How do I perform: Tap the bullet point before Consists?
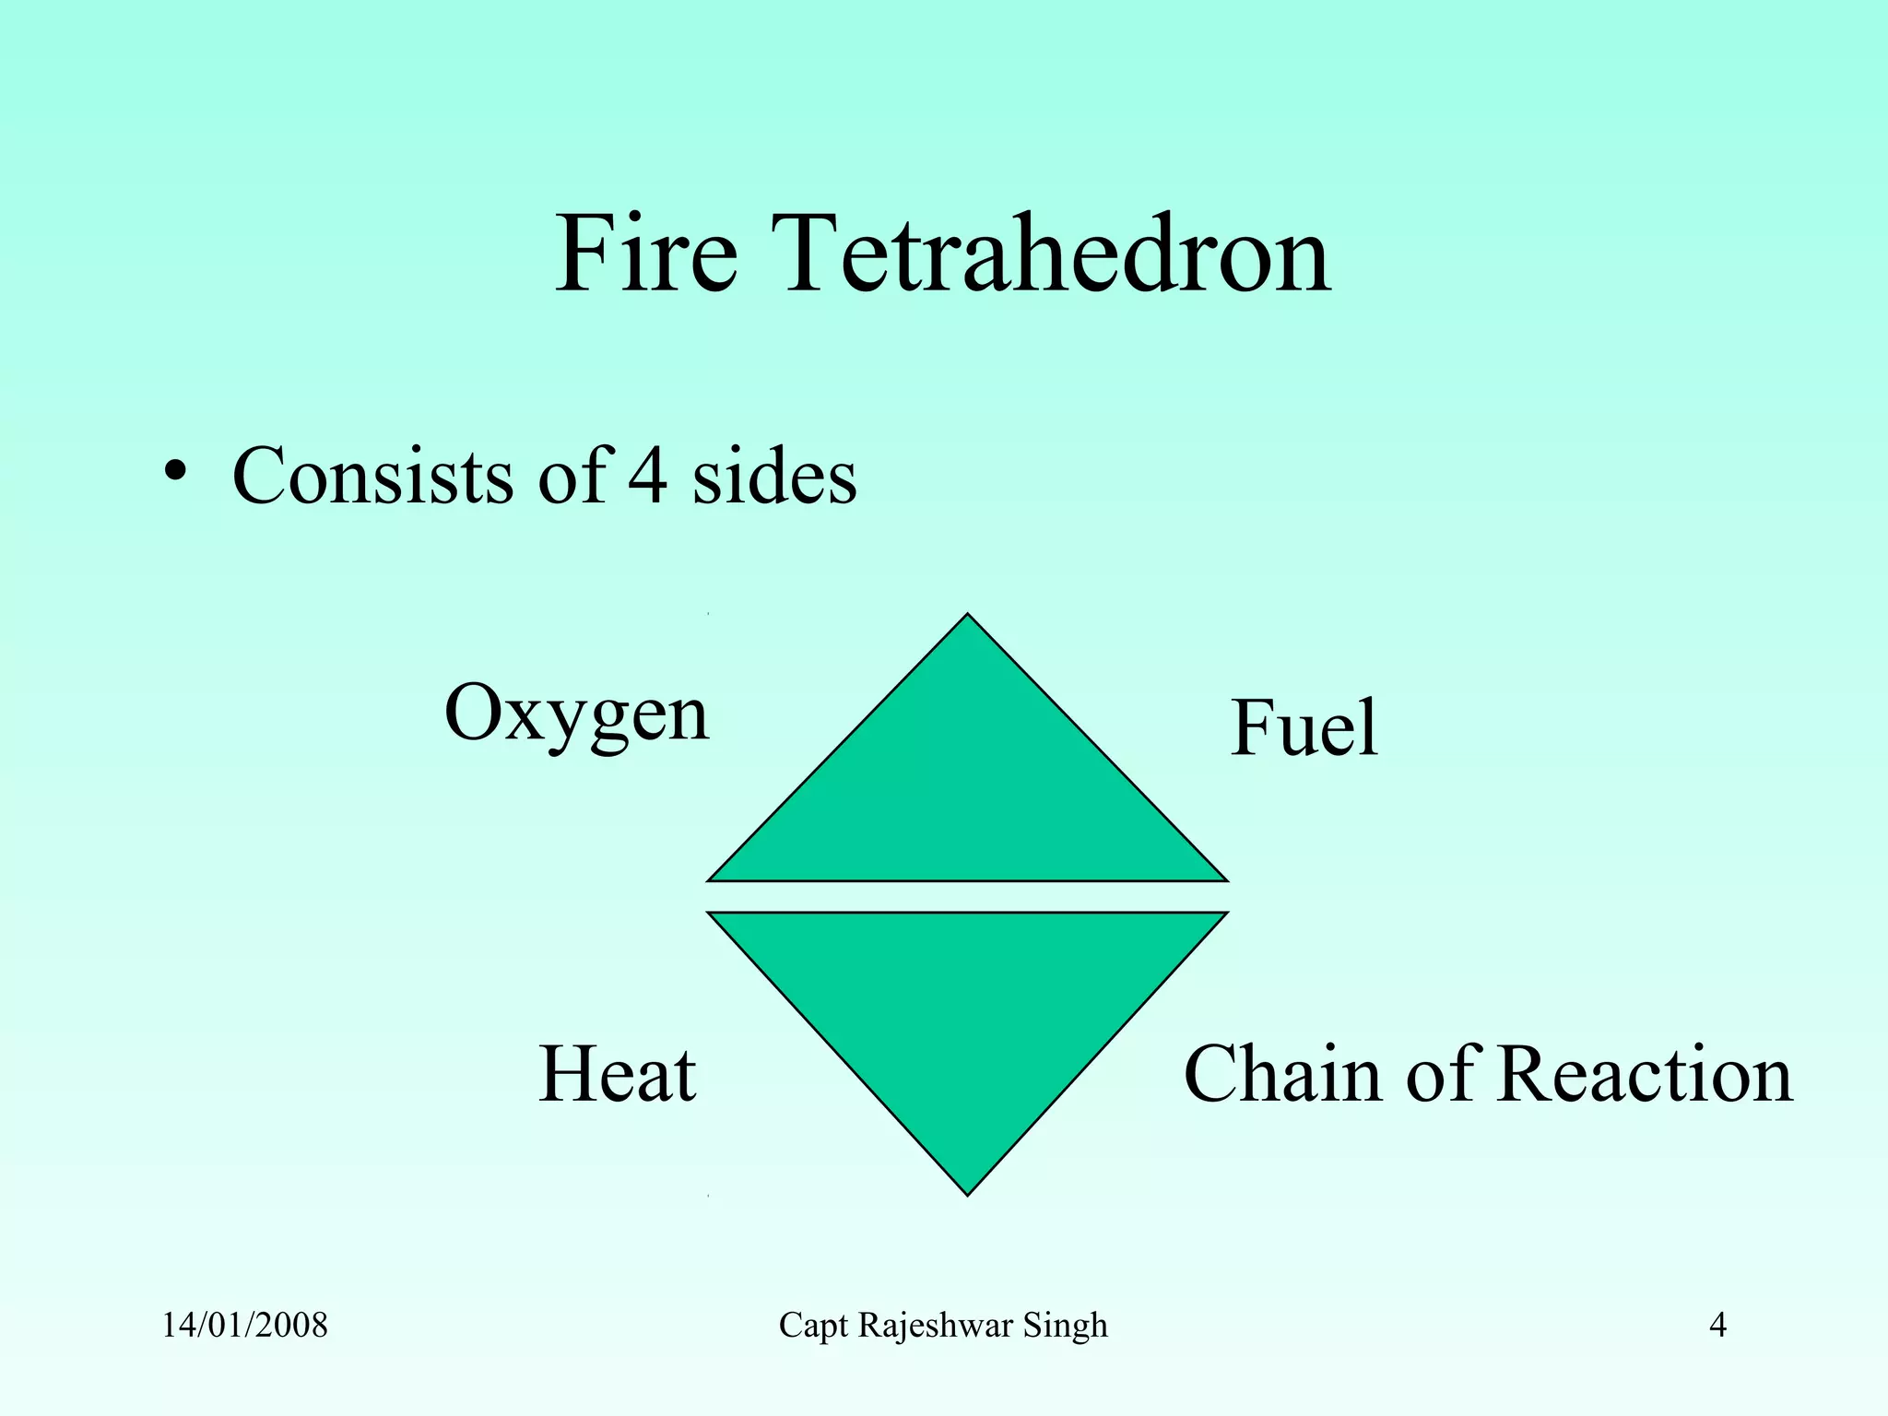pos(175,474)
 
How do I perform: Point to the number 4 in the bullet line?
pos(647,476)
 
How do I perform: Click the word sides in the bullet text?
pos(774,476)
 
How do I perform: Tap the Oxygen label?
pos(576,714)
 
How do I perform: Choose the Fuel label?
pos(1304,728)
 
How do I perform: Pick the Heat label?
pos(617,1074)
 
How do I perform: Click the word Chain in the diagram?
pos(1281,1074)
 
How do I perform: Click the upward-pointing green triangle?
pos(968,793)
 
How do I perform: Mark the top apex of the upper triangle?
pos(968,616)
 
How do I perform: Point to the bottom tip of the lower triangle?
pos(968,1193)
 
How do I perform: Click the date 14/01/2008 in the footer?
pos(245,1326)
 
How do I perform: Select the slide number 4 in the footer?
pos(1717,1326)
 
